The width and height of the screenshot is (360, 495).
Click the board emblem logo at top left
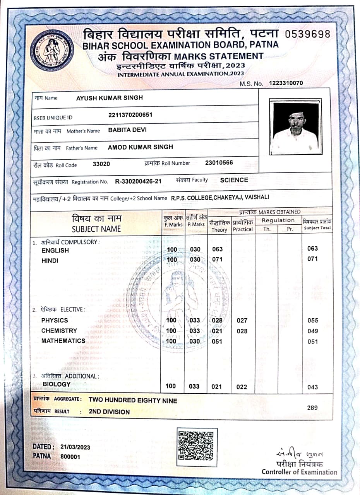click(52, 50)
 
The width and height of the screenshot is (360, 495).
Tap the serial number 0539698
click(308, 34)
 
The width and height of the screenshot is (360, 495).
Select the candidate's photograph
click(295, 127)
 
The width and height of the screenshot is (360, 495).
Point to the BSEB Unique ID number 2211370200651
click(130, 115)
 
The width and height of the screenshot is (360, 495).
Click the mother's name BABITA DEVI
click(127, 130)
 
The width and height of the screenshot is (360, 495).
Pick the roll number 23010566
click(219, 162)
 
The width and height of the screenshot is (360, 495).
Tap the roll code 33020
click(101, 164)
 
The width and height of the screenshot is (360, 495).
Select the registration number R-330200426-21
click(138, 181)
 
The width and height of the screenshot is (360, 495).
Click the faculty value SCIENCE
click(234, 180)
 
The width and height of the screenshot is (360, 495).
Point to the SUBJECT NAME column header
click(96, 229)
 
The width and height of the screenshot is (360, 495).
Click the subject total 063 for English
click(312, 249)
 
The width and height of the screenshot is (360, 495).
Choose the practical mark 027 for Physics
click(242, 321)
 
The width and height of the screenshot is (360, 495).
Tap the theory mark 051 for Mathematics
click(218, 341)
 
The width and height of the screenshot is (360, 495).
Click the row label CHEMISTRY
click(59, 331)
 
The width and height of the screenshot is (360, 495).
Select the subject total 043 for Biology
click(312, 387)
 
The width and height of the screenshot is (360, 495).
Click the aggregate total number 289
click(312, 408)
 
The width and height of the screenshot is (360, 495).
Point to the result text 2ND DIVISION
click(109, 412)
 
